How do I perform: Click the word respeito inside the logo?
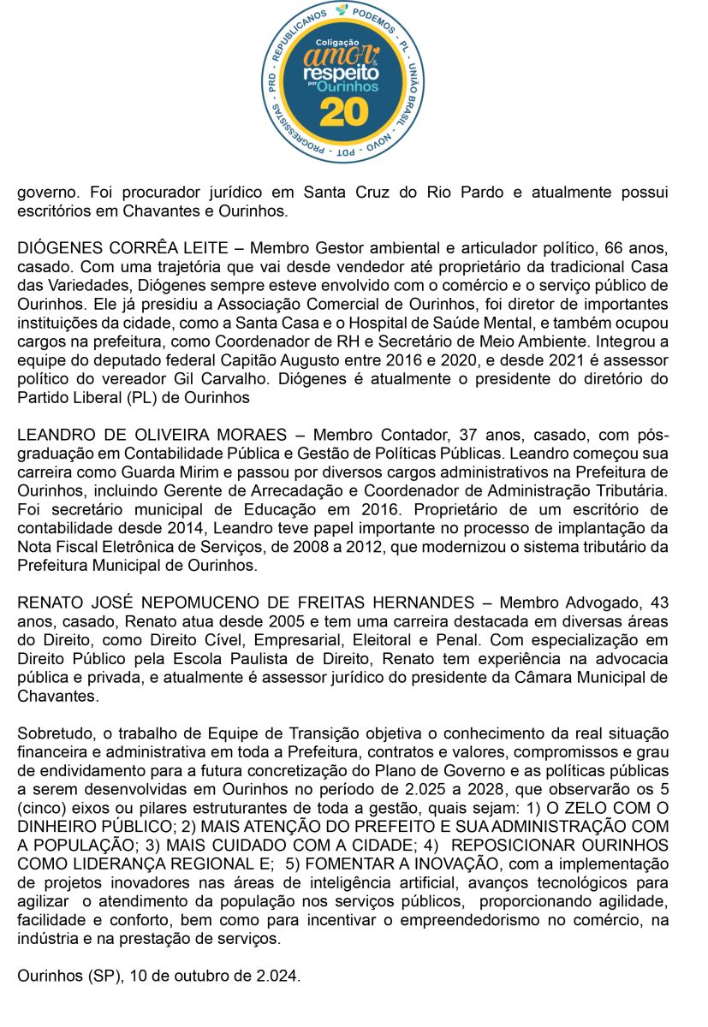342,74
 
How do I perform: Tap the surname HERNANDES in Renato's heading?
420,603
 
